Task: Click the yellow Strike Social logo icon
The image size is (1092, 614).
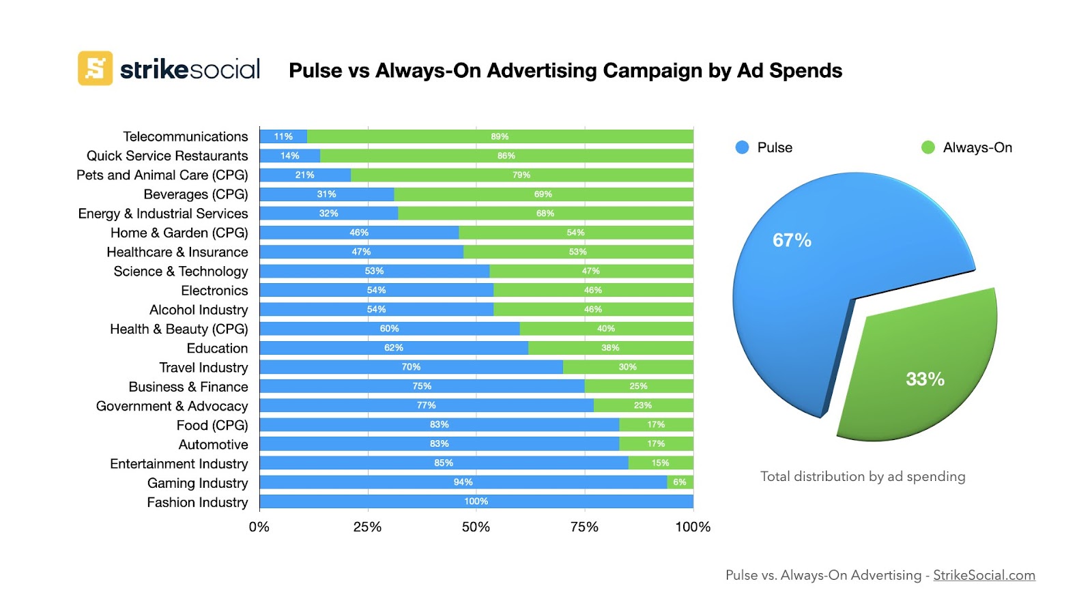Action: pos(95,68)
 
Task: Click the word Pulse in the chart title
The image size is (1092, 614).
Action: pos(315,71)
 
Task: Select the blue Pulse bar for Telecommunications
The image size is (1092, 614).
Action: pos(283,136)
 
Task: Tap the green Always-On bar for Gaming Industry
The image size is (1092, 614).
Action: pos(680,482)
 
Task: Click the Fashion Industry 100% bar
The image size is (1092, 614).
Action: pos(476,501)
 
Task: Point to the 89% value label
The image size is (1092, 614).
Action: pos(500,136)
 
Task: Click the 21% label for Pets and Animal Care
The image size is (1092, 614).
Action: pos(304,175)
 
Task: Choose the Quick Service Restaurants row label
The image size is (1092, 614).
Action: pos(167,156)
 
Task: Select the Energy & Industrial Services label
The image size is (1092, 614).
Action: pos(163,214)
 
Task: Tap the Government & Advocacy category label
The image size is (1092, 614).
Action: pos(172,406)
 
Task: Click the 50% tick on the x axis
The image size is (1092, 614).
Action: pos(476,527)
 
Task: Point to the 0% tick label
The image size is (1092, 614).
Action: pos(259,527)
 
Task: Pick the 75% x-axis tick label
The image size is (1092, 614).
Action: pos(584,527)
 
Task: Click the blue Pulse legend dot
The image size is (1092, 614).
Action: pos(743,147)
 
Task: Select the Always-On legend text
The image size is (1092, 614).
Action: pos(977,147)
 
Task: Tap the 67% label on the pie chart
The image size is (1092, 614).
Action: pos(792,240)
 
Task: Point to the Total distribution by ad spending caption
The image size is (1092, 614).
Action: pos(863,476)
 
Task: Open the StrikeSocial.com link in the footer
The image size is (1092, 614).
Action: pos(983,575)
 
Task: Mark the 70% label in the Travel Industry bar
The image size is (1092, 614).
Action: pos(411,367)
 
